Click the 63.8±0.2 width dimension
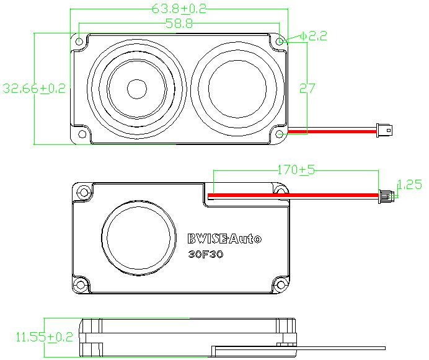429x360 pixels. (x=179, y=9)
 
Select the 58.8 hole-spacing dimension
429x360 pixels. (x=179, y=24)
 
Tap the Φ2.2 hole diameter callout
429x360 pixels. (x=312, y=36)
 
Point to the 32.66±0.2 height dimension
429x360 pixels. (x=34, y=89)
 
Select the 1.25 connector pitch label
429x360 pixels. (x=409, y=184)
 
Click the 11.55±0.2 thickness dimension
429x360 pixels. (x=44, y=337)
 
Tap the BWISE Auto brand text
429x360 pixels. (x=224, y=239)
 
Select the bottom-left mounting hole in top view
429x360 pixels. (x=81, y=133)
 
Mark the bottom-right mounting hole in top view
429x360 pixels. (x=280, y=133)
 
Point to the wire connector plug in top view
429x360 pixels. (x=384, y=131)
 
